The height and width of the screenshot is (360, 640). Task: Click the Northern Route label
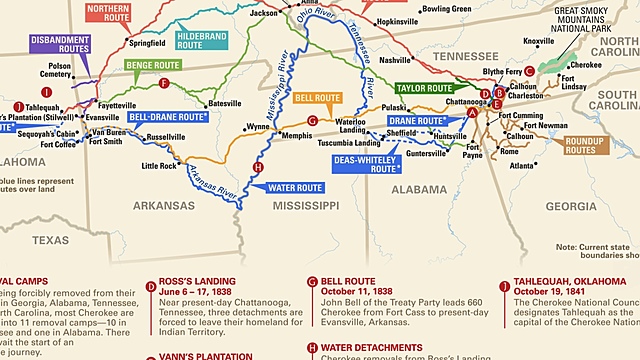coord(108,13)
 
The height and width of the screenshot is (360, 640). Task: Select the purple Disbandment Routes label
coord(59,45)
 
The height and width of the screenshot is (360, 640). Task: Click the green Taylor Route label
coord(423,88)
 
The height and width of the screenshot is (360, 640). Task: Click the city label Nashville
coord(395,59)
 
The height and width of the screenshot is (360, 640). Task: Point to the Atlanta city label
coord(520,166)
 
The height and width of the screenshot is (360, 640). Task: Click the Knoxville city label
coord(538,41)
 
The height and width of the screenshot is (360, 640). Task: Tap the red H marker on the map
coord(258,167)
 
